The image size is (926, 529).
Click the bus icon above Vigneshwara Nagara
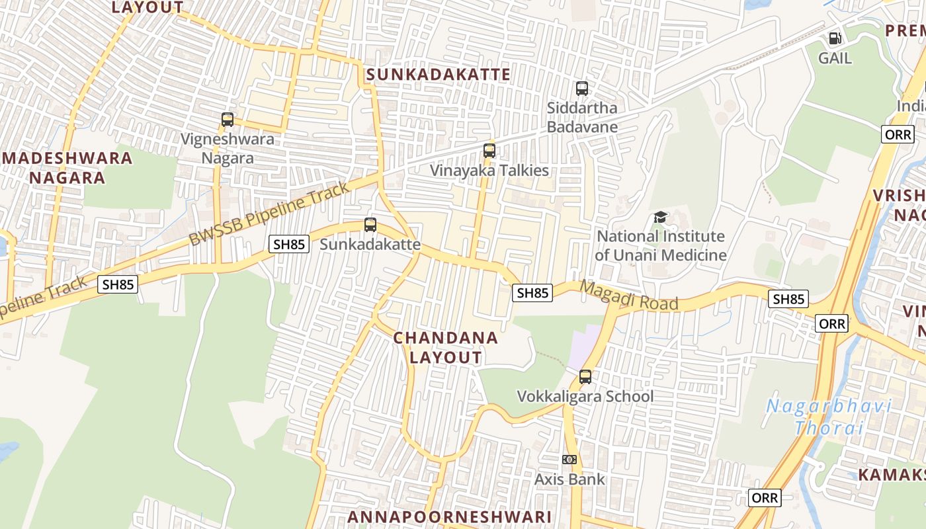pyautogui.click(x=228, y=120)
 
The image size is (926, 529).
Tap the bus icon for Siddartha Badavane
pyautogui.click(x=582, y=88)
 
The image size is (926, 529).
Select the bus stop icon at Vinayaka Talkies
pyautogui.click(x=489, y=150)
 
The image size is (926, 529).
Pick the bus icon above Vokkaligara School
pyautogui.click(x=585, y=377)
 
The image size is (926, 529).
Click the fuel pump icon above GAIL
pyautogui.click(x=835, y=38)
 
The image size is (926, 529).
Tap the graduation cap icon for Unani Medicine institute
pyautogui.click(x=660, y=217)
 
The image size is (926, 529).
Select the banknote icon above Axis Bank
pyautogui.click(x=569, y=460)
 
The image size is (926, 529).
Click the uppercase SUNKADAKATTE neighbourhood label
pyautogui.click(x=438, y=74)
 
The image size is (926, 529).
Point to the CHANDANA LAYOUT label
pyautogui.click(x=446, y=347)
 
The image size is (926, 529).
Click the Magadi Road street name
pyautogui.click(x=629, y=296)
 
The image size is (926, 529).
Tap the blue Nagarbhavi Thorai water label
pyautogui.click(x=829, y=417)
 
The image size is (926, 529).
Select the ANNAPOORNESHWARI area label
pyautogui.click(x=449, y=516)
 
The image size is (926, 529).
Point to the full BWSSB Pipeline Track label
pyautogui.click(x=269, y=214)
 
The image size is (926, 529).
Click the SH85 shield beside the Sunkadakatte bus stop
pyautogui.click(x=290, y=244)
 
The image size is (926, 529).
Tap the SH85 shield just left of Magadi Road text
pyautogui.click(x=532, y=292)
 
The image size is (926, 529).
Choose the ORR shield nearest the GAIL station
pyautogui.click(x=898, y=134)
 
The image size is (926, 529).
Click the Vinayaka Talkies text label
pyautogui.click(x=489, y=171)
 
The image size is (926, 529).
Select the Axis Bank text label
pyautogui.click(x=569, y=479)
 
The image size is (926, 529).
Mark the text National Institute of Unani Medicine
pyautogui.click(x=660, y=245)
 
